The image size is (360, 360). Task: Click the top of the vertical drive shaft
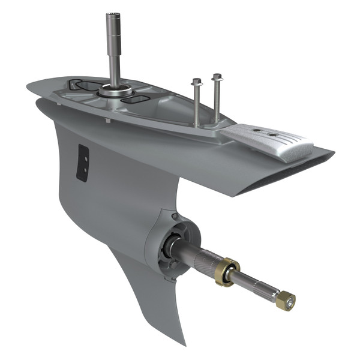tap(112, 14)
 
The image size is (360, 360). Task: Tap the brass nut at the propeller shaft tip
tap(286, 299)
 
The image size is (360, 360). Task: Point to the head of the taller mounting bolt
tap(216, 78)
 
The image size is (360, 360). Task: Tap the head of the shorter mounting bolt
tap(195, 83)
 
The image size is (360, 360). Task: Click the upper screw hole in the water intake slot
tap(84, 157)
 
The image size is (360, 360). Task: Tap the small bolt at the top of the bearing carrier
tap(173, 215)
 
